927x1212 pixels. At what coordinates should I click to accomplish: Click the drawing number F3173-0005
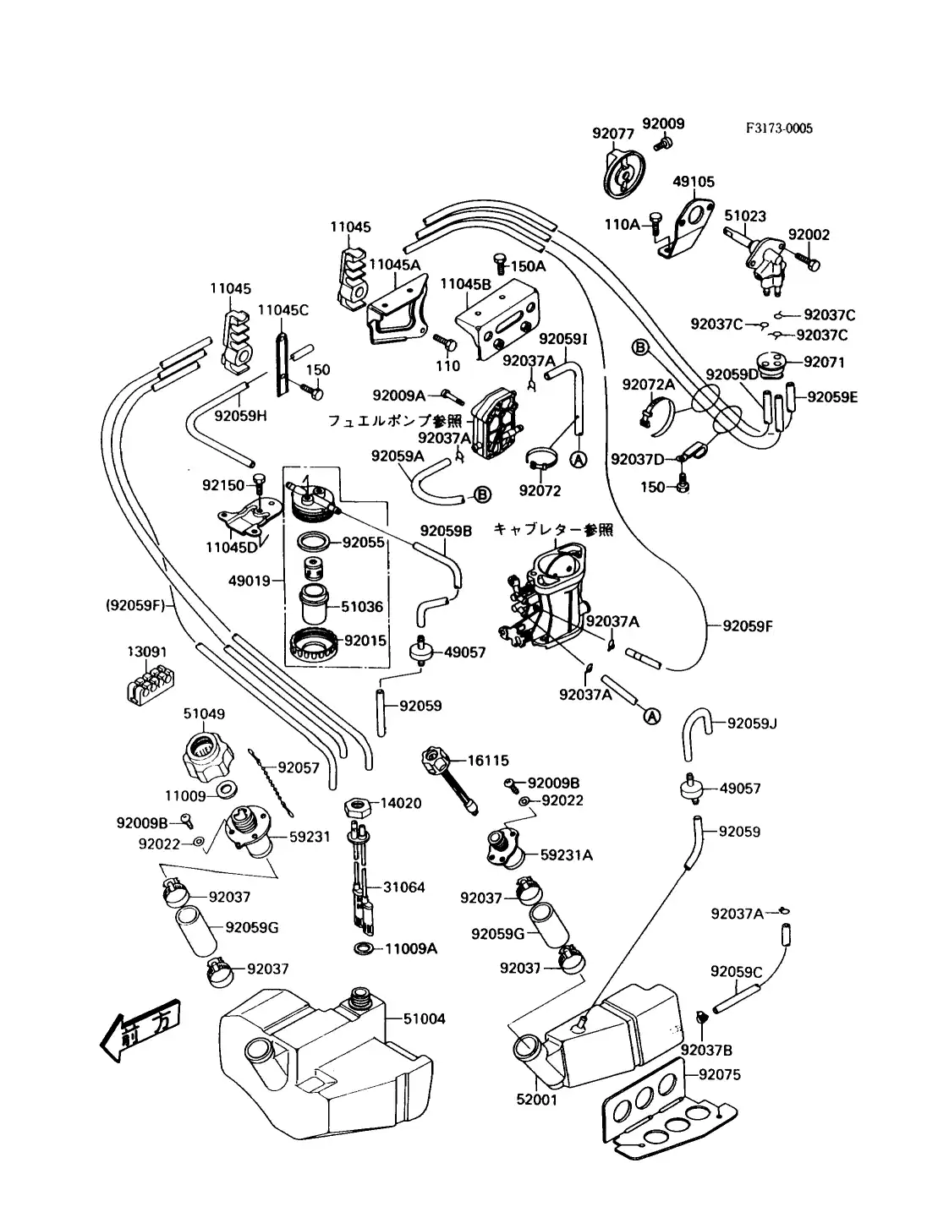[x=778, y=128]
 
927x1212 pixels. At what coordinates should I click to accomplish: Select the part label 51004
[x=424, y=1019]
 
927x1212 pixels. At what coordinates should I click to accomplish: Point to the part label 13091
[x=147, y=652]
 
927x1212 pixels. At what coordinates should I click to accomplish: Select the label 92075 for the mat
[x=720, y=1075]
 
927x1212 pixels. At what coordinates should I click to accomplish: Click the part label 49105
[x=694, y=182]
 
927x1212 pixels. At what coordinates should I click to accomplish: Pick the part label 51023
[x=745, y=216]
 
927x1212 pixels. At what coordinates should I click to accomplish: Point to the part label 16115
[x=488, y=762]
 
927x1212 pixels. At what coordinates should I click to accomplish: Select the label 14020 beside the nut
[x=401, y=804]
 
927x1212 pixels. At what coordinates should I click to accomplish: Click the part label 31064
[x=404, y=887]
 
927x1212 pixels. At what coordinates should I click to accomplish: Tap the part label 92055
[x=364, y=543]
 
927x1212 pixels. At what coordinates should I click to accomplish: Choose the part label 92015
[x=365, y=641]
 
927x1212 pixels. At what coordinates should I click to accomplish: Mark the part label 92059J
[x=752, y=723]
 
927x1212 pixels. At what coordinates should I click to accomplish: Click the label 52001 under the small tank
[x=537, y=1100]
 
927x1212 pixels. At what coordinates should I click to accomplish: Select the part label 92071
[x=824, y=362]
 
